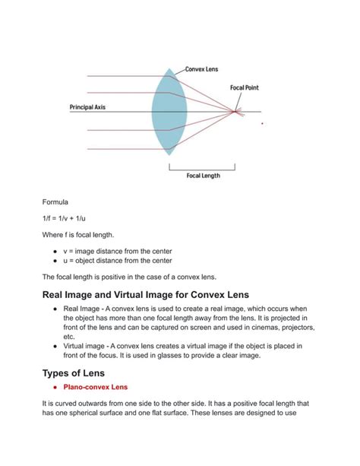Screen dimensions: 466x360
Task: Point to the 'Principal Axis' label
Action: [87, 107]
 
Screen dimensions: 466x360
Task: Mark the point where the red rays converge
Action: [235, 113]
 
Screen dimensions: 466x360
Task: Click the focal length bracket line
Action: [204, 166]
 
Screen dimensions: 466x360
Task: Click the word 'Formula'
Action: [55, 203]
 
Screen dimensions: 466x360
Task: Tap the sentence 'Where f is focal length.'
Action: [84, 235]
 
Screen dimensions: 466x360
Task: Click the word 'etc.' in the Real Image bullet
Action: [69, 335]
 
